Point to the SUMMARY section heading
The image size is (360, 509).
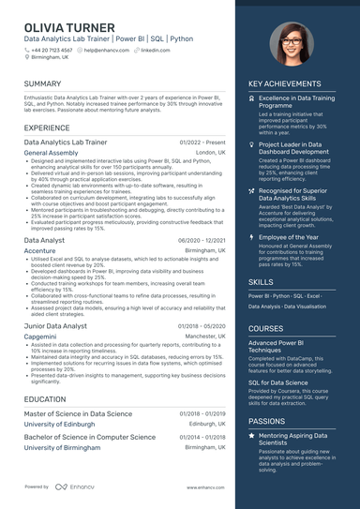43,84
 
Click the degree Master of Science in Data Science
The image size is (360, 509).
78,412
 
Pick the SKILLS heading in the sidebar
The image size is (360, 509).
262,281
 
